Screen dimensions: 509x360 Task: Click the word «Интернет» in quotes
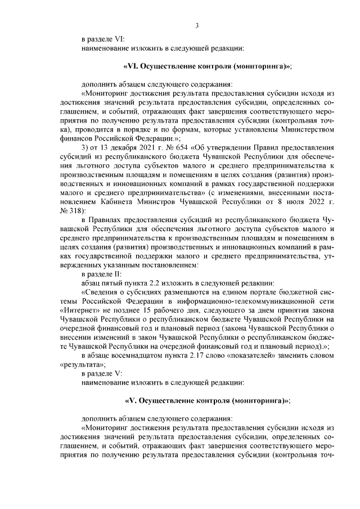point(75,310)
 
